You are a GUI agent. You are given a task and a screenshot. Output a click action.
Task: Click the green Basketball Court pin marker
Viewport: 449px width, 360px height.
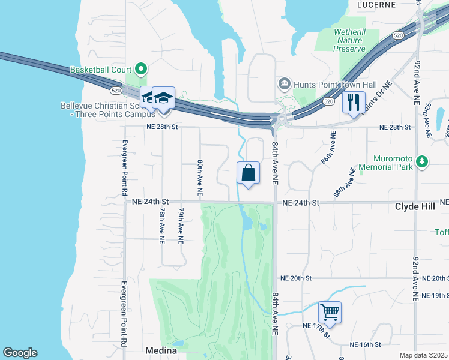(x=140, y=70)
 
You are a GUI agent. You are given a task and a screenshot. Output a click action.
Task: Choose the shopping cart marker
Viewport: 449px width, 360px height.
(x=330, y=312)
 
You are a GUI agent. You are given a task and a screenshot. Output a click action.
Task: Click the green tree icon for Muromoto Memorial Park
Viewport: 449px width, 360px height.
(x=422, y=161)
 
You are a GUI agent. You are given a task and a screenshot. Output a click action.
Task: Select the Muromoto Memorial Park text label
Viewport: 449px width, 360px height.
(x=386, y=162)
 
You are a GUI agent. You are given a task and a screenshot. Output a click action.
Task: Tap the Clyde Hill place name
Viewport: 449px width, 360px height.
(x=418, y=206)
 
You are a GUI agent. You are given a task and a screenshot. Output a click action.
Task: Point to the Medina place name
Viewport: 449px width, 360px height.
(x=161, y=350)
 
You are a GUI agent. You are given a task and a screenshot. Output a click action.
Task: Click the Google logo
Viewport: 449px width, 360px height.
(x=20, y=353)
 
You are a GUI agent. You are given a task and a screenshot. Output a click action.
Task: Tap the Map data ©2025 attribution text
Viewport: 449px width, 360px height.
(x=423, y=355)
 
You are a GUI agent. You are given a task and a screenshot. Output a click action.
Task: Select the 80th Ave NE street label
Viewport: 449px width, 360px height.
(x=200, y=178)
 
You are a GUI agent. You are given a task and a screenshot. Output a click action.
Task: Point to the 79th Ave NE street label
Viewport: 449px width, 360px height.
(x=180, y=226)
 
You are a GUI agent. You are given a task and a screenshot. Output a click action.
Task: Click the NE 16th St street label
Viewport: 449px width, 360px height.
(x=366, y=344)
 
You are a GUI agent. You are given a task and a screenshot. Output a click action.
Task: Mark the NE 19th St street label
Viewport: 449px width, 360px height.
(x=435, y=296)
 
